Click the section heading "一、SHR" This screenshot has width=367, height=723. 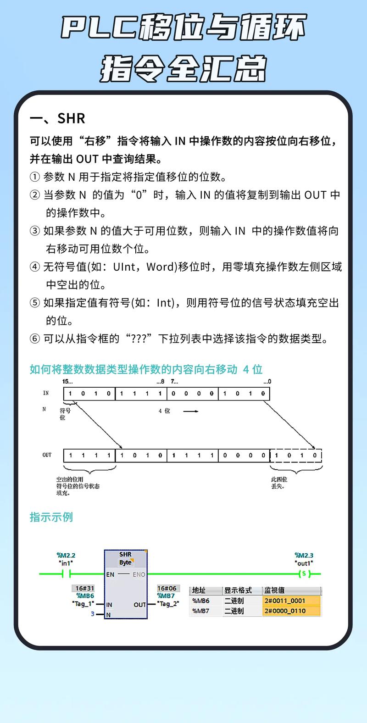click(57, 118)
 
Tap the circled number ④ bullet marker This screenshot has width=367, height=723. click(35, 267)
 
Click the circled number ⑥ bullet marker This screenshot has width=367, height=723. click(35, 339)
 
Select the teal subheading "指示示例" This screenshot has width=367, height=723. click(51, 517)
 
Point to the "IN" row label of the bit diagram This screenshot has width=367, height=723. click(46, 393)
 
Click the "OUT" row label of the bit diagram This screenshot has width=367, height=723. click(47, 455)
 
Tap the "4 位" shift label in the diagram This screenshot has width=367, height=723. click(164, 411)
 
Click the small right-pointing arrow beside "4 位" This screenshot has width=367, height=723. click(190, 411)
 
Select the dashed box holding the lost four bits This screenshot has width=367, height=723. click(296, 456)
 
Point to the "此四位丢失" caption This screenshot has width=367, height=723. click(279, 483)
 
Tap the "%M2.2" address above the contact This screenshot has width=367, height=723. click(66, 556)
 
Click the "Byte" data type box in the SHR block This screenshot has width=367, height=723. click(125, 563)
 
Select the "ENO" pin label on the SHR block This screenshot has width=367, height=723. click(139, 574)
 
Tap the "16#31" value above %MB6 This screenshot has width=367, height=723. click(83, 588)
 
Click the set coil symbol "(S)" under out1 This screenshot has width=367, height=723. click(304, 574)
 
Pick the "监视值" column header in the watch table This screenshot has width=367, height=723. click(274, 590)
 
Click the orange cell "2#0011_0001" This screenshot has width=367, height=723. click(291, 601)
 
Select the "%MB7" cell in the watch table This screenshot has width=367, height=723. click(201, 611)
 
